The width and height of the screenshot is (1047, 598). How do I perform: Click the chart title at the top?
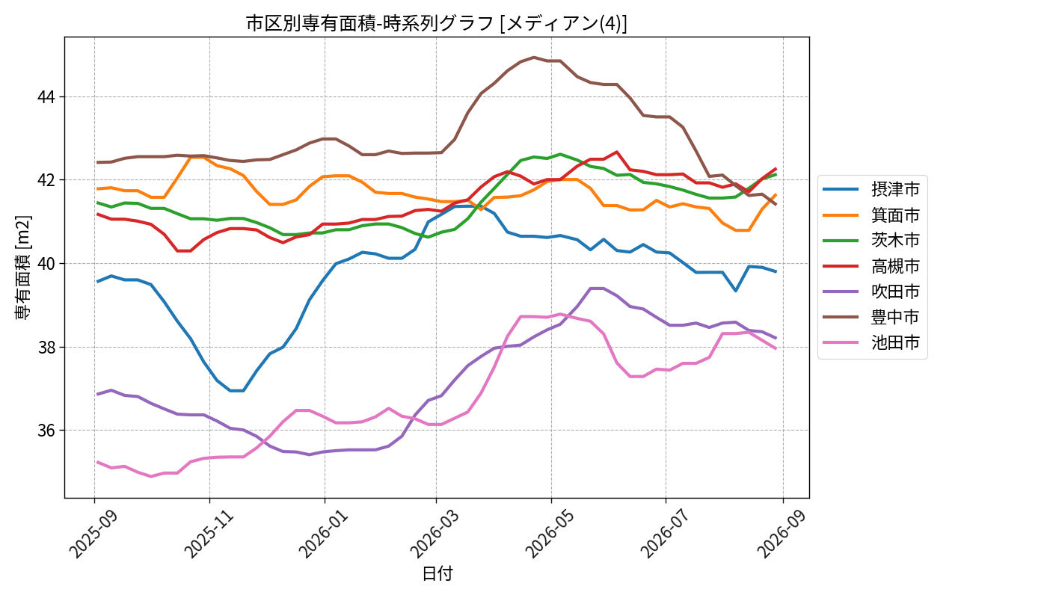[437, 23]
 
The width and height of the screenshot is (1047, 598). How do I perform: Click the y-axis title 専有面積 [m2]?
[23, 268]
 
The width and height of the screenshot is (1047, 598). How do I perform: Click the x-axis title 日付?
[437, 573]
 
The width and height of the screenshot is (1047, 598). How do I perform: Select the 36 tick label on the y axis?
[46, 431]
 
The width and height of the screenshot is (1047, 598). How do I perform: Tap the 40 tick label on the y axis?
[46, 263]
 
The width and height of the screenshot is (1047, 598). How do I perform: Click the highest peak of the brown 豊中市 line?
[534, 58]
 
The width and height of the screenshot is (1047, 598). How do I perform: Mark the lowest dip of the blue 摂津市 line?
[236, 390]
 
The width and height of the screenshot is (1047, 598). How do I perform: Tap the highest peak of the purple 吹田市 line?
[597, 289]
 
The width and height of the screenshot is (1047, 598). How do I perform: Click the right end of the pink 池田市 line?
[776, 348]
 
